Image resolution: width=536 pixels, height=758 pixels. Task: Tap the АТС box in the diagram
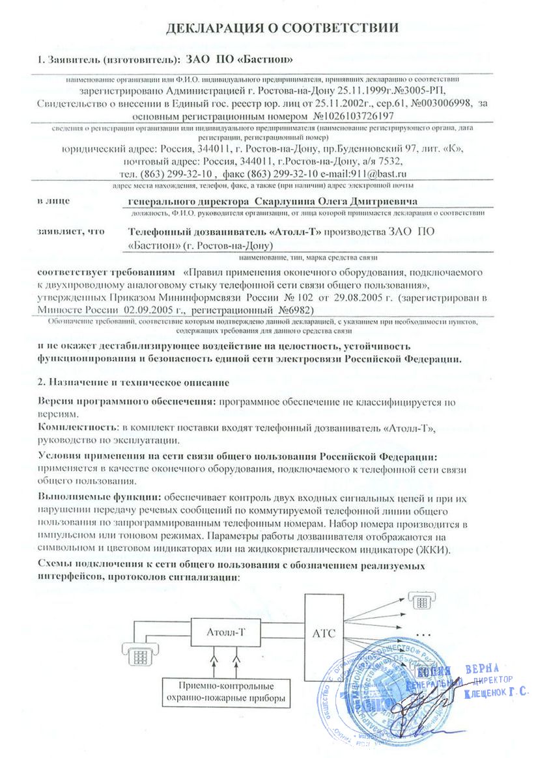point(324,633)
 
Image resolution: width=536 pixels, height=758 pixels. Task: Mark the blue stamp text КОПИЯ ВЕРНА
point(460,671)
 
